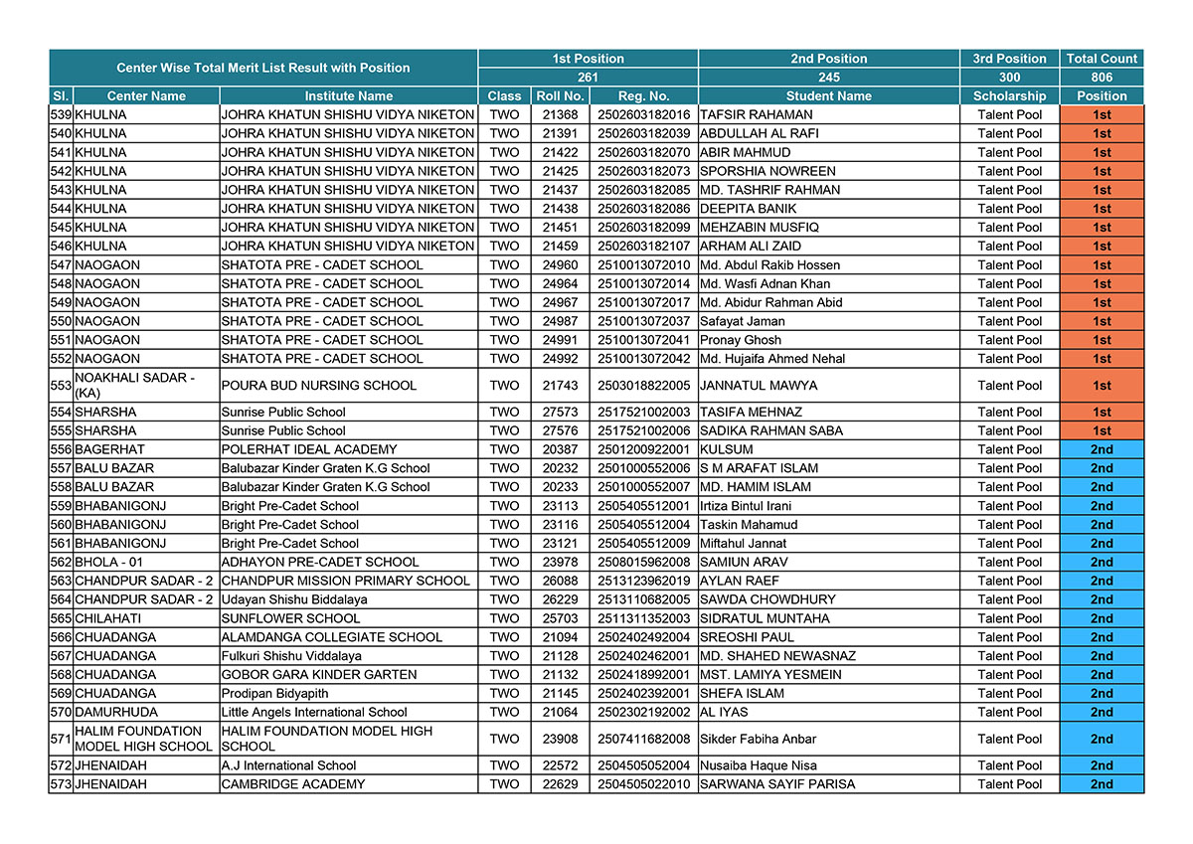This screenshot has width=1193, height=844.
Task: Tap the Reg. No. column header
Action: point(643,96)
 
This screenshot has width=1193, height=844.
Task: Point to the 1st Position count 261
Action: point(588,78)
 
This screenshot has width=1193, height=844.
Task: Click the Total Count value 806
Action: point(1102,78)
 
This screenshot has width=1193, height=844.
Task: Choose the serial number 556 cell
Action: point(61,449)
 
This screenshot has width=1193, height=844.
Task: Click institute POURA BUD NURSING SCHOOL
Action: point(319,386)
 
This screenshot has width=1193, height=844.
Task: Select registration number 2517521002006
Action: point(643,430)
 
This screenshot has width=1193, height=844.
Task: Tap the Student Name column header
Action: point(828,96)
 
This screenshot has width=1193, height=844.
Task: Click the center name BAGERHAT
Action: point(109,449)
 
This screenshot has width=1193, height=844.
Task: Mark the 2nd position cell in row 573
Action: point(1102,784)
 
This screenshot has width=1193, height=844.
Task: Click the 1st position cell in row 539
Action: point(1102,115)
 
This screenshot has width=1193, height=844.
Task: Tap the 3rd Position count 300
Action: point(1009,78)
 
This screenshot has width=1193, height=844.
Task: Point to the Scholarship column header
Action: point(1009,96)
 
